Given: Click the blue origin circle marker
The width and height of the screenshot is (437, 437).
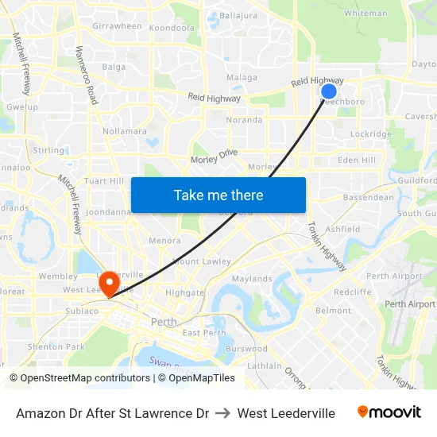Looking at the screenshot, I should click(329, 91).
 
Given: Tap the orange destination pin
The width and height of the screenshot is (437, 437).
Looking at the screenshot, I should click(108, 283).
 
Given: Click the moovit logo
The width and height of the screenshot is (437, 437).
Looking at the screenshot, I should click(389, 412).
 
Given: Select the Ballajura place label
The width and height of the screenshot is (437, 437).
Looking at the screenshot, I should click(238, 15).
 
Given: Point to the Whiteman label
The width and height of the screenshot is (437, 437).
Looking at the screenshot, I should click(365, 14).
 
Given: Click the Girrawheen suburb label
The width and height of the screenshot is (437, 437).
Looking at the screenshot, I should click(117, 26).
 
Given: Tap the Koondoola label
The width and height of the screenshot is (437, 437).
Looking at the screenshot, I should click(172, 28).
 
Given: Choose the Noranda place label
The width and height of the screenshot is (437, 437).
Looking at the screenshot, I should click(244, 120).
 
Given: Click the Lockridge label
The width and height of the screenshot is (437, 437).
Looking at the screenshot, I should click(370, 134).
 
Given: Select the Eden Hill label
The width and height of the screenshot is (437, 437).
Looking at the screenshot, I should click(357, 160).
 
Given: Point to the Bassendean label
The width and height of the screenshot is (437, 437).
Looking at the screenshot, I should click(368, 197).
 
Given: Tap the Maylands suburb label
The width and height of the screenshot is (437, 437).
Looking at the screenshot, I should click(251, 279).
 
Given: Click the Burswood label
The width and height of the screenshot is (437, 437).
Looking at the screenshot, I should click(246, 348).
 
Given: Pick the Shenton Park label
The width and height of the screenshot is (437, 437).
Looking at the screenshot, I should click(56, 346).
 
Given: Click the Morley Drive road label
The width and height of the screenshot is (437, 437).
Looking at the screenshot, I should click(214, 157).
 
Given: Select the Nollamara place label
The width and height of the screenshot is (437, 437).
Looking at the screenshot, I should click(125, 131).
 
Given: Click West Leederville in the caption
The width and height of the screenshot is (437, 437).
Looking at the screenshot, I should click(286, 413).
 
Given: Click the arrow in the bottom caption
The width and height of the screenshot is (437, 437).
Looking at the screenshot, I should click(223, 413).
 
